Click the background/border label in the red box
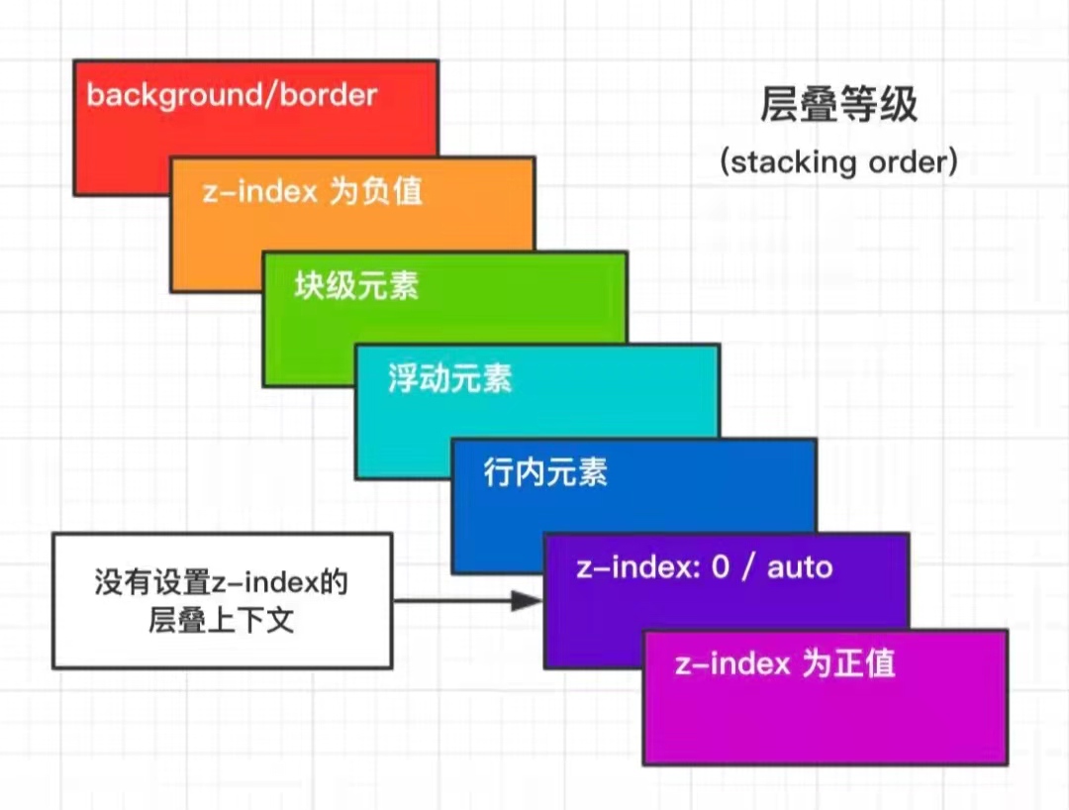coord(232,95)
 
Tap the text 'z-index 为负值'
coord(312,191)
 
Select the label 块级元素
coord(356,286)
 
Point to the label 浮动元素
coord(450,378)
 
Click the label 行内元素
coord(545,471)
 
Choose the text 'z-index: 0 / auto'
coord(705,567)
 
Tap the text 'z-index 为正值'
coord(785,663)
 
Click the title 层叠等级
coord(838,104)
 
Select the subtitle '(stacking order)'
coord(839,162)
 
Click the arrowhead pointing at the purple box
coord(527,601)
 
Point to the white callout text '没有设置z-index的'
coord(222,582)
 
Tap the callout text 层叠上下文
coord(222,621)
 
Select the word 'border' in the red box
coord(329,95)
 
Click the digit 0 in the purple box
coord(721,567)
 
